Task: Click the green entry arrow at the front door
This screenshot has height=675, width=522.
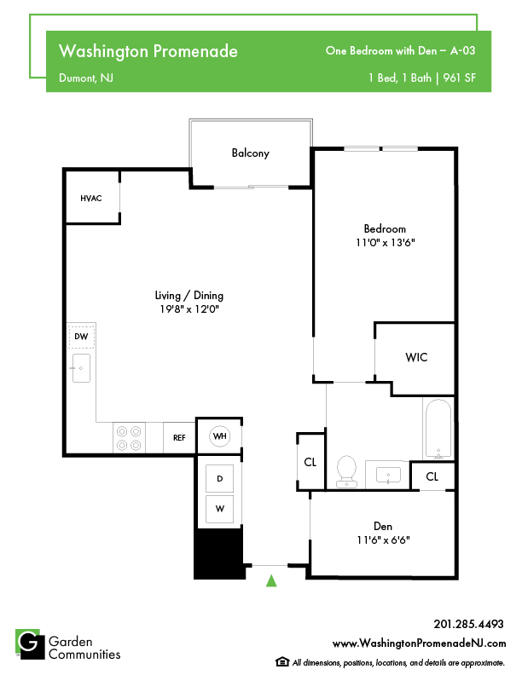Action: tap(271, 580)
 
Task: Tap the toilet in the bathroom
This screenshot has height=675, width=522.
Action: tap(346, 471)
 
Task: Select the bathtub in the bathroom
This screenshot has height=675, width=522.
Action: tap(438, 429)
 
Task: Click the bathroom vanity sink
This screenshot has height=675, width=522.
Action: tap(388, 476)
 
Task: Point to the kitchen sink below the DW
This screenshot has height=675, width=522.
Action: tap(81, 368)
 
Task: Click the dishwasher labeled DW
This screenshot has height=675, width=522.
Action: tap(81, 337)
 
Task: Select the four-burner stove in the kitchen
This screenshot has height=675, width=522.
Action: tap(129, 438)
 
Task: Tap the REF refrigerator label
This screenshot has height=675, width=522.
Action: tap(179, 438)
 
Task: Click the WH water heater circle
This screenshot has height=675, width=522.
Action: tap(220, 436)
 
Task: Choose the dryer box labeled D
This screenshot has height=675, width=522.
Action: tap(220, 478)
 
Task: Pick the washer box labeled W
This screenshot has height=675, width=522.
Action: tap(220, 509)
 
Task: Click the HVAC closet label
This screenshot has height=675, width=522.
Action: tap(91, 198)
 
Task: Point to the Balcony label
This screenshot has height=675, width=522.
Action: tap(250, 153)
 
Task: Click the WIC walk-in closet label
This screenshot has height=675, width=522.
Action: tap(416, 357)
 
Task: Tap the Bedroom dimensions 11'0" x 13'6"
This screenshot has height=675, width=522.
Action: tap(385, 242)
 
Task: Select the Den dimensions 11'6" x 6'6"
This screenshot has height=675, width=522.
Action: tap(383, 539)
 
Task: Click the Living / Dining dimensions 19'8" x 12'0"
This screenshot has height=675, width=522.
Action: tap(189, 309)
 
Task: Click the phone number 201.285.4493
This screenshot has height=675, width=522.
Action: tap(468, 624)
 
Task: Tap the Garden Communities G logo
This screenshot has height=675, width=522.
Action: tap(30, 644)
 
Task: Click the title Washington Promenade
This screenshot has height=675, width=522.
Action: tap(148, 51)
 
